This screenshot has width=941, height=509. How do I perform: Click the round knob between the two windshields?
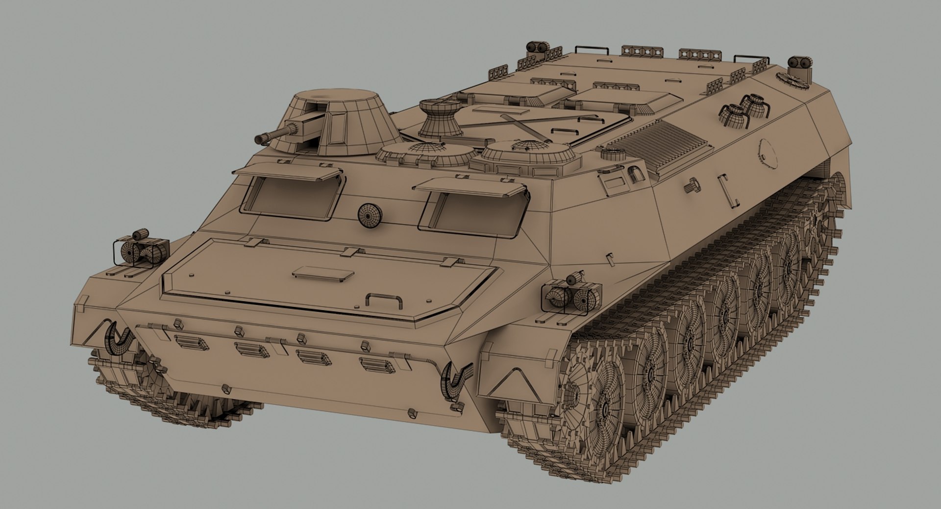[x=370, y=215]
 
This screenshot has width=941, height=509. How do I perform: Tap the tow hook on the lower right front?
[x=456, y=378]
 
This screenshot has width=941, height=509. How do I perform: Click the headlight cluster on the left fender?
[x=140, y=251]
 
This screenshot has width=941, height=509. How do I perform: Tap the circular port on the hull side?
[x=768, y=153]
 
